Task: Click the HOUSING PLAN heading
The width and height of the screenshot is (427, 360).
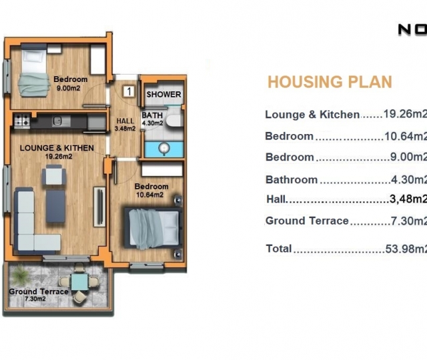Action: click(x=330, y=81)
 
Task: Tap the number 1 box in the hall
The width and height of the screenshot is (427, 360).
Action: click(x=129, y=91)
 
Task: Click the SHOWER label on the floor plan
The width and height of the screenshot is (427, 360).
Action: click(x=163, y=95)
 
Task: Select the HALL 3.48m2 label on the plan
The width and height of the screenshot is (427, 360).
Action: click(x=125, y=125)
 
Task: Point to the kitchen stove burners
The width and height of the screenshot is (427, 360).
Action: click(x=22, y=120)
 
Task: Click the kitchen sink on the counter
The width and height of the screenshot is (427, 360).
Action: click(x=57, y=121)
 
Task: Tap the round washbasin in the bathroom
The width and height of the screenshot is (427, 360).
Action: click(x=164, y=149)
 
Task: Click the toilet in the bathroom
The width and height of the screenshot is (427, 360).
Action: click(x=173, y=120)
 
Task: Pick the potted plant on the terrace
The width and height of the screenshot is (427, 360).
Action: click(x=20, y=275)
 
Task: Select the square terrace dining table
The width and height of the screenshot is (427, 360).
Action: click(x=80, y=282)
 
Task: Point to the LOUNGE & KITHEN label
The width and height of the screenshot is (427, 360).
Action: click(x=57, y=148)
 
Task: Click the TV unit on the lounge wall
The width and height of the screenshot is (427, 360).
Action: click(x=99, y=207)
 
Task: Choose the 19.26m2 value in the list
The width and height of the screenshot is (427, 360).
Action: click(x=405, y=114)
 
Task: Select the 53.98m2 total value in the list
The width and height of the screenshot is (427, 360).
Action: click(x=406, y=249)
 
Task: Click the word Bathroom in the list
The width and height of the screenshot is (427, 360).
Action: click(x=292, y=179)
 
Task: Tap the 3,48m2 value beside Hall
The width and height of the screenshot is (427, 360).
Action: click(x=408, y=199)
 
